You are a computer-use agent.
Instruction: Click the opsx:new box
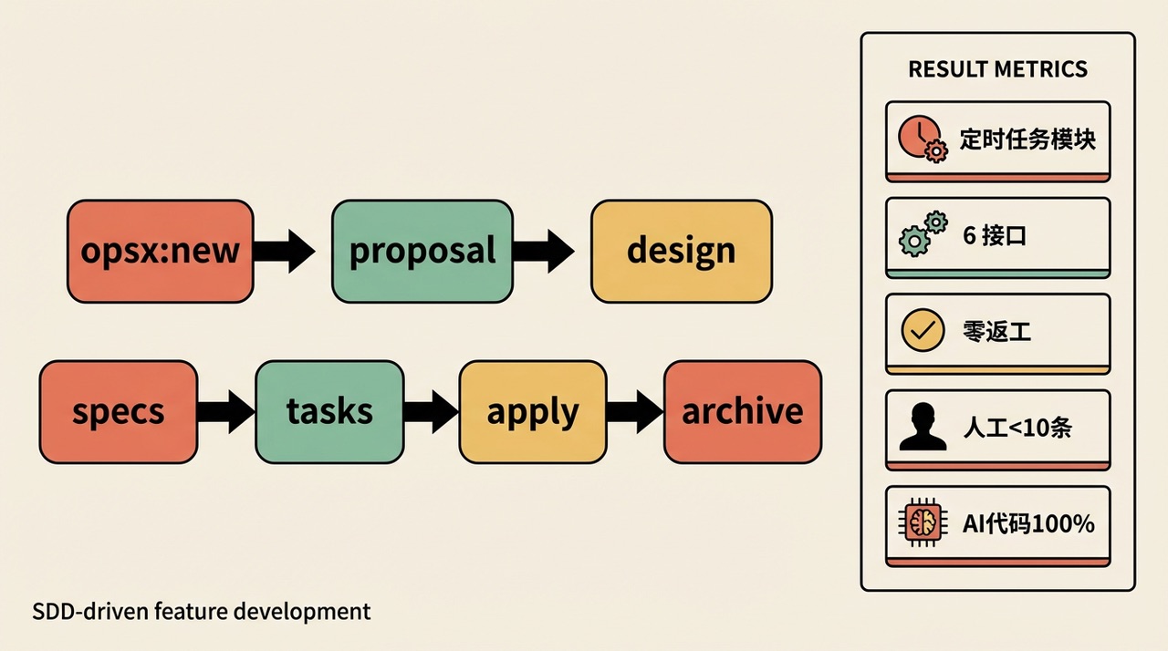tap(160, 251)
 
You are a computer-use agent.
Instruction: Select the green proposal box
tap(422, 251)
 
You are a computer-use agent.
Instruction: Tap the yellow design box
tap(681, 251)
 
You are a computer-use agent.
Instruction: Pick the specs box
tap(118, 411)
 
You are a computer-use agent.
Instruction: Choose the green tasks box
tap(329, 411)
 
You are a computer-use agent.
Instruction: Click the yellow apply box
tap(532, 411)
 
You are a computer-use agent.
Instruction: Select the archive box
tap(742, 411)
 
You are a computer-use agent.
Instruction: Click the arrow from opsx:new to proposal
tap(285, 251)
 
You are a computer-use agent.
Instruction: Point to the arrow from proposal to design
tap(544, 251)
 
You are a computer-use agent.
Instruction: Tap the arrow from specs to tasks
tap(225, 411)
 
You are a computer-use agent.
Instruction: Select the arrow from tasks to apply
tap(431, 411)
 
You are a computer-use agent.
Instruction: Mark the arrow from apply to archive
tap(635, 411)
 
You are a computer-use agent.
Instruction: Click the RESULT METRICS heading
tap(997, 69)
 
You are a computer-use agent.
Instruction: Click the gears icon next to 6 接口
tap(923, 234)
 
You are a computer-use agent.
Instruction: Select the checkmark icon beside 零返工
tap(923, 331)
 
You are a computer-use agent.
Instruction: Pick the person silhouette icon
tap(923, 427)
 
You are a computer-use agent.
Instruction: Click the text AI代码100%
tap(1028, 523)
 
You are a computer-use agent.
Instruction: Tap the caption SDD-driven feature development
tap(202, 611)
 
